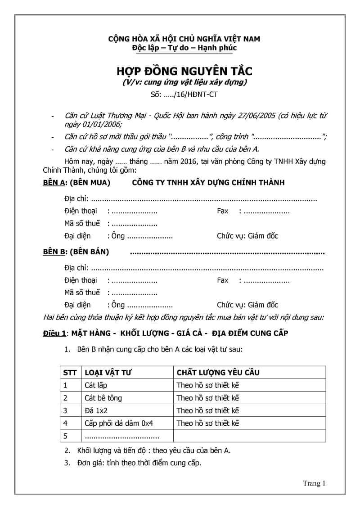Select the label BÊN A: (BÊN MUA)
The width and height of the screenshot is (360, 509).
pyautogui.click(x=76, y=183)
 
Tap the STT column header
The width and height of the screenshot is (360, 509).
pyautogui.click(x=70, y=373)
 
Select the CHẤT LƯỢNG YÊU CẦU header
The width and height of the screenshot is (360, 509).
pyautogui.click(x=218, y=373)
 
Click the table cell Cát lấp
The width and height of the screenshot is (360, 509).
pyautogui.click(x=96, y=385)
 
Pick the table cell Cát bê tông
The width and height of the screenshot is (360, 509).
pyautogui.click(x=103, y=398)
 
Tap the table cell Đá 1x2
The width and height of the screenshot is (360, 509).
pyautogui.click(x=96, y=410)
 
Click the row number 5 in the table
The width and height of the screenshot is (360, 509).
pyautogui.click(x=66, y=436)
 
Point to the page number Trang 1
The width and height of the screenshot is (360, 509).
pyautogui.click(x=314, y=483)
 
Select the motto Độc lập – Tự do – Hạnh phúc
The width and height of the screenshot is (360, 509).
pyautogui.click(x=184, y=48)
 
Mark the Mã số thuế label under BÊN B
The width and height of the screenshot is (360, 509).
pyautogui.click(x=82, y=293)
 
